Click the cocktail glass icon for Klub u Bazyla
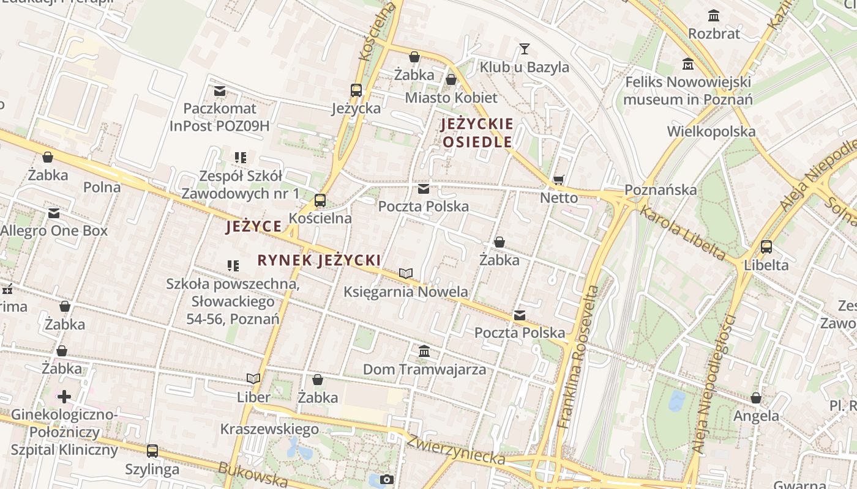(524, 48)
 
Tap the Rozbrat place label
(714, 33)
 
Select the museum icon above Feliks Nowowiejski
(688, 64)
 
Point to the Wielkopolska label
(711, 131)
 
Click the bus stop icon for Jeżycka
(356, 90)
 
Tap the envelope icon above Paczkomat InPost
(220, 91)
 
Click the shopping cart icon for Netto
(558, 180)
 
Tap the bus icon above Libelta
(766, 247)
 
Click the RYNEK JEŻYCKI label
(319, 260)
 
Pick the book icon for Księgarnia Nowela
(406, 273)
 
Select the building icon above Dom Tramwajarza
(424, 351)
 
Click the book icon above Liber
(253, 378)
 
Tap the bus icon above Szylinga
(152, 451)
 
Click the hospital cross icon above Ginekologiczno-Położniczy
(64, 397)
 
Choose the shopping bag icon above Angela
(757, 398)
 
